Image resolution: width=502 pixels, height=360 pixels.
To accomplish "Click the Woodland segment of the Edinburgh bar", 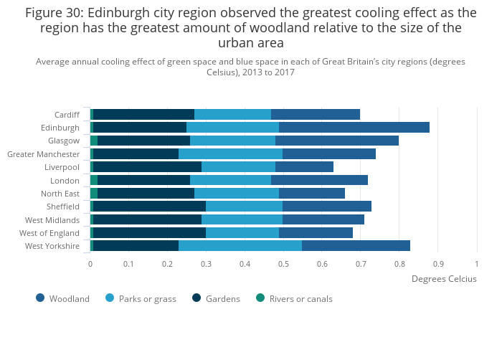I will click(x=354, y=128).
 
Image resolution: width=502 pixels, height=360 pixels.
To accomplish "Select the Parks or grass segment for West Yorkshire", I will click(x=240, y=246).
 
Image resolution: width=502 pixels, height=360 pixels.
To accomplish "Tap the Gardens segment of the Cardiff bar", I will click(x=143, y=115).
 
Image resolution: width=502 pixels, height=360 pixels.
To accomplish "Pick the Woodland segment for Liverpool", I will click(x=304, y=167).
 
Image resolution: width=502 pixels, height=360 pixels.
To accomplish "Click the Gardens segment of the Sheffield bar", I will click(x=149, y=207).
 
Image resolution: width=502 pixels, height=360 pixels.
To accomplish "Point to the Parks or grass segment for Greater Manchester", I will click(x=230, y=154).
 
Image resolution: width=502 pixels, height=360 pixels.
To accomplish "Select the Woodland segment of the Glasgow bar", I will click(x=336, y=141).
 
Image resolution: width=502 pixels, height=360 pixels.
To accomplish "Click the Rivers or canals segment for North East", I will click(x=94, y=194).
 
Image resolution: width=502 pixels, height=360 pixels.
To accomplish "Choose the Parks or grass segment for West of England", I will click(x=242, y=233).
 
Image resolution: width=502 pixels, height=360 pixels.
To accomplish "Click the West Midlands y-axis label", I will click(x=52, y=220).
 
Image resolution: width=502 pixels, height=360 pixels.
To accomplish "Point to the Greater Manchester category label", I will click(x=44, y=154).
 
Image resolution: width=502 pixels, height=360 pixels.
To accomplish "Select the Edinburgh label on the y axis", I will click(x=60, y=128).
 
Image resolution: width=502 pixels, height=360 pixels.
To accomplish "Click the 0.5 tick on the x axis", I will click(x=283, y=264).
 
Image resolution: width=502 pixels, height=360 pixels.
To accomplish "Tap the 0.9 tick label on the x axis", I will click(x=437, y=264).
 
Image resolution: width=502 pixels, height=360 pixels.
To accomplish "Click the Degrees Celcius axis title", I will click(x=444, y=279).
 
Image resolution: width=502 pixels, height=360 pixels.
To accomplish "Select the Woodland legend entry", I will click(x=69, y=299).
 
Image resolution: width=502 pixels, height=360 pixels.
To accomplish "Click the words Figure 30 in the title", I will click(x=52, y=13).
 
